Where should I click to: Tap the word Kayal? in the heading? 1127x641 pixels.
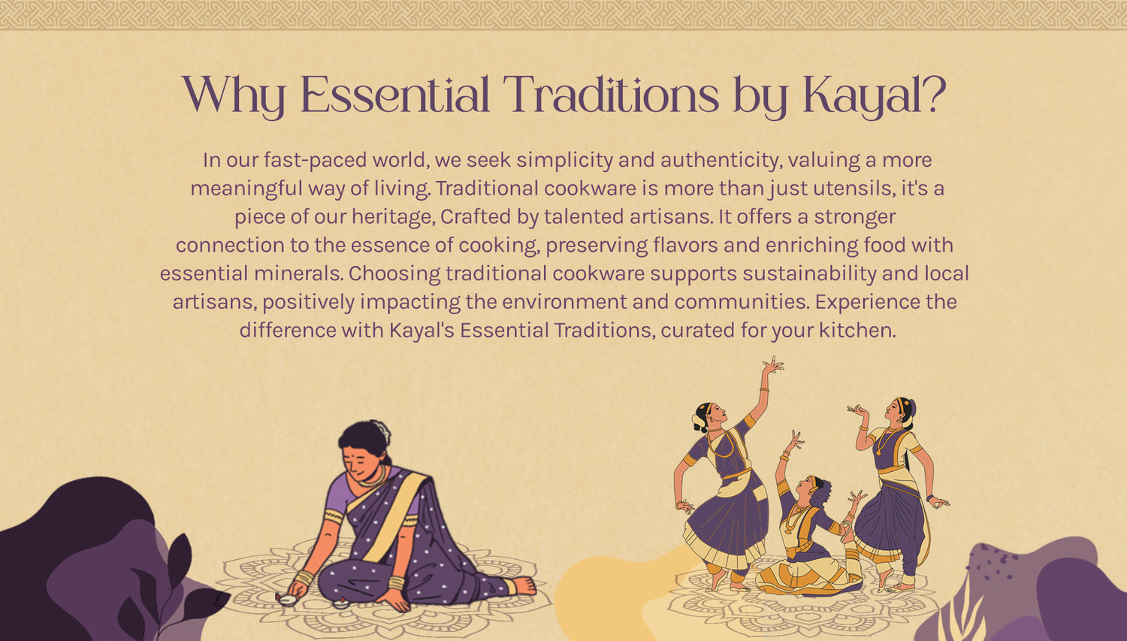(x=874, y=96)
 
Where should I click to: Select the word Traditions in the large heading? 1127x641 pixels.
(x=610, y=95)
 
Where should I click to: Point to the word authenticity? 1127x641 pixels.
(x=720, y=160)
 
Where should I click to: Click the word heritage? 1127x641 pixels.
(x=392, y=216)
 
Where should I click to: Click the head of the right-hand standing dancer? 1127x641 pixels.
(x=898, y=410)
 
